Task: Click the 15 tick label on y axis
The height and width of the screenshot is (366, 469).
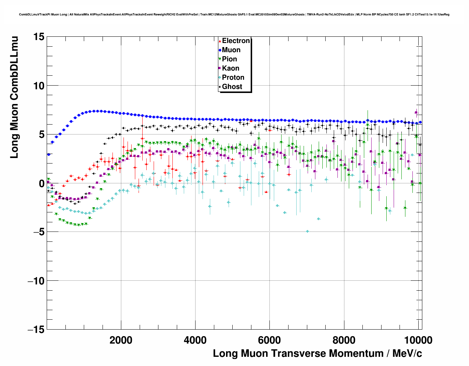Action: click(39, 37)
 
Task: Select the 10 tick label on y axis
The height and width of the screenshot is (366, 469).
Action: click(39, 86)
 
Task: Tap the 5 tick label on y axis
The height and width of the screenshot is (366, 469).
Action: click(41, 134)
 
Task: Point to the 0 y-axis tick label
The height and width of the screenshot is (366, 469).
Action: click(41, 183)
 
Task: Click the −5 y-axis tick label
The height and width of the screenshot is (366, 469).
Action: click(36, 232)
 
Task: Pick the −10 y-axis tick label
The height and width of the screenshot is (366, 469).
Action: click(36, 281)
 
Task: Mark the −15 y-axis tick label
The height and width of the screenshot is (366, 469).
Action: click(36, 330)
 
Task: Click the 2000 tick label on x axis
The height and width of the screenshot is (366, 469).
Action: click(121, 340)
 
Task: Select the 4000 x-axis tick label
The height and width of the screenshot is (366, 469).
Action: click(195, 340)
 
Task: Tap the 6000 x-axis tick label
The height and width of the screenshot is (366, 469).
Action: click(269, 340)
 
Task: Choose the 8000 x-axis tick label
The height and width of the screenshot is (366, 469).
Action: click(344, 340)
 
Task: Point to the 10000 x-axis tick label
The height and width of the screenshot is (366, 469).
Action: click(418, 340)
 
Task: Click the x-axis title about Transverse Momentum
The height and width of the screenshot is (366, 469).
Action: click(317, 354)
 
